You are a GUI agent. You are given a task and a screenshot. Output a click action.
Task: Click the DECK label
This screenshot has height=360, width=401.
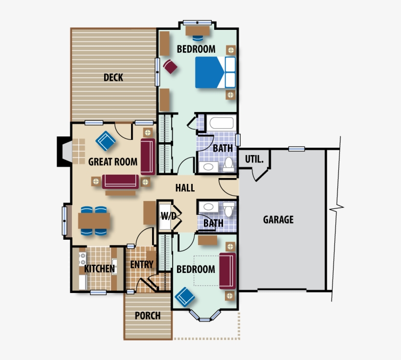[113, 77]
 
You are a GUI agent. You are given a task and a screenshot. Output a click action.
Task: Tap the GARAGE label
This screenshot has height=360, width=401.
[278, 220]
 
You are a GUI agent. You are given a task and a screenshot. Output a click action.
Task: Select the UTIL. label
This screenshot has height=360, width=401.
[254, 159]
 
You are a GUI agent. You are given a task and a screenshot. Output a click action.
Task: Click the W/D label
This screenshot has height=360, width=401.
[166, 216]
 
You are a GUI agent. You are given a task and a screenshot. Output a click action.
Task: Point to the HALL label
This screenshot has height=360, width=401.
[185, 188]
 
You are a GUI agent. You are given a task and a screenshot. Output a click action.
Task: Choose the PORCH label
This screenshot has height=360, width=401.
[148, 315]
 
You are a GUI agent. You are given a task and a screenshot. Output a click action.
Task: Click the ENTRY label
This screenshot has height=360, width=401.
[142, 265]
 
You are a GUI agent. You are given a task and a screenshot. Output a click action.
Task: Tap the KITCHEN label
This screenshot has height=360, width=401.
[99, 269]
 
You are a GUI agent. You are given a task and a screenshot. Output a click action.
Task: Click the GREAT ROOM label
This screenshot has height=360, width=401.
[112, 161]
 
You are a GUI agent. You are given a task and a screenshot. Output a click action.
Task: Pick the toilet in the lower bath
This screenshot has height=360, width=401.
[229, 209]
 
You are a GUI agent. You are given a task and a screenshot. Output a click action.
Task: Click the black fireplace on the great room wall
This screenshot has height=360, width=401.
[64, 151]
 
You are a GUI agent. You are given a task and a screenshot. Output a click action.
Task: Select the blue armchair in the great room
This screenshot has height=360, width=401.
[106, 142]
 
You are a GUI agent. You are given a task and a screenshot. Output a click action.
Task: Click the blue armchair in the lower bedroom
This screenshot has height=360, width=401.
[185, 296]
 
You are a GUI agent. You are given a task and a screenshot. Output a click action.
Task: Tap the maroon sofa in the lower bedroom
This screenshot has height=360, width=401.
[227, 270]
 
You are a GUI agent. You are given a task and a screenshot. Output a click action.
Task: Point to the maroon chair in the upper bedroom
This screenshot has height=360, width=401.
[170, 66]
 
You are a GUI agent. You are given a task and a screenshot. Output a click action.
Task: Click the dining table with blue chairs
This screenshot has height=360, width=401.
[94, 221]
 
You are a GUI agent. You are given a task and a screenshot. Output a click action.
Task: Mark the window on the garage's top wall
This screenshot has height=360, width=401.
[296, 149]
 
